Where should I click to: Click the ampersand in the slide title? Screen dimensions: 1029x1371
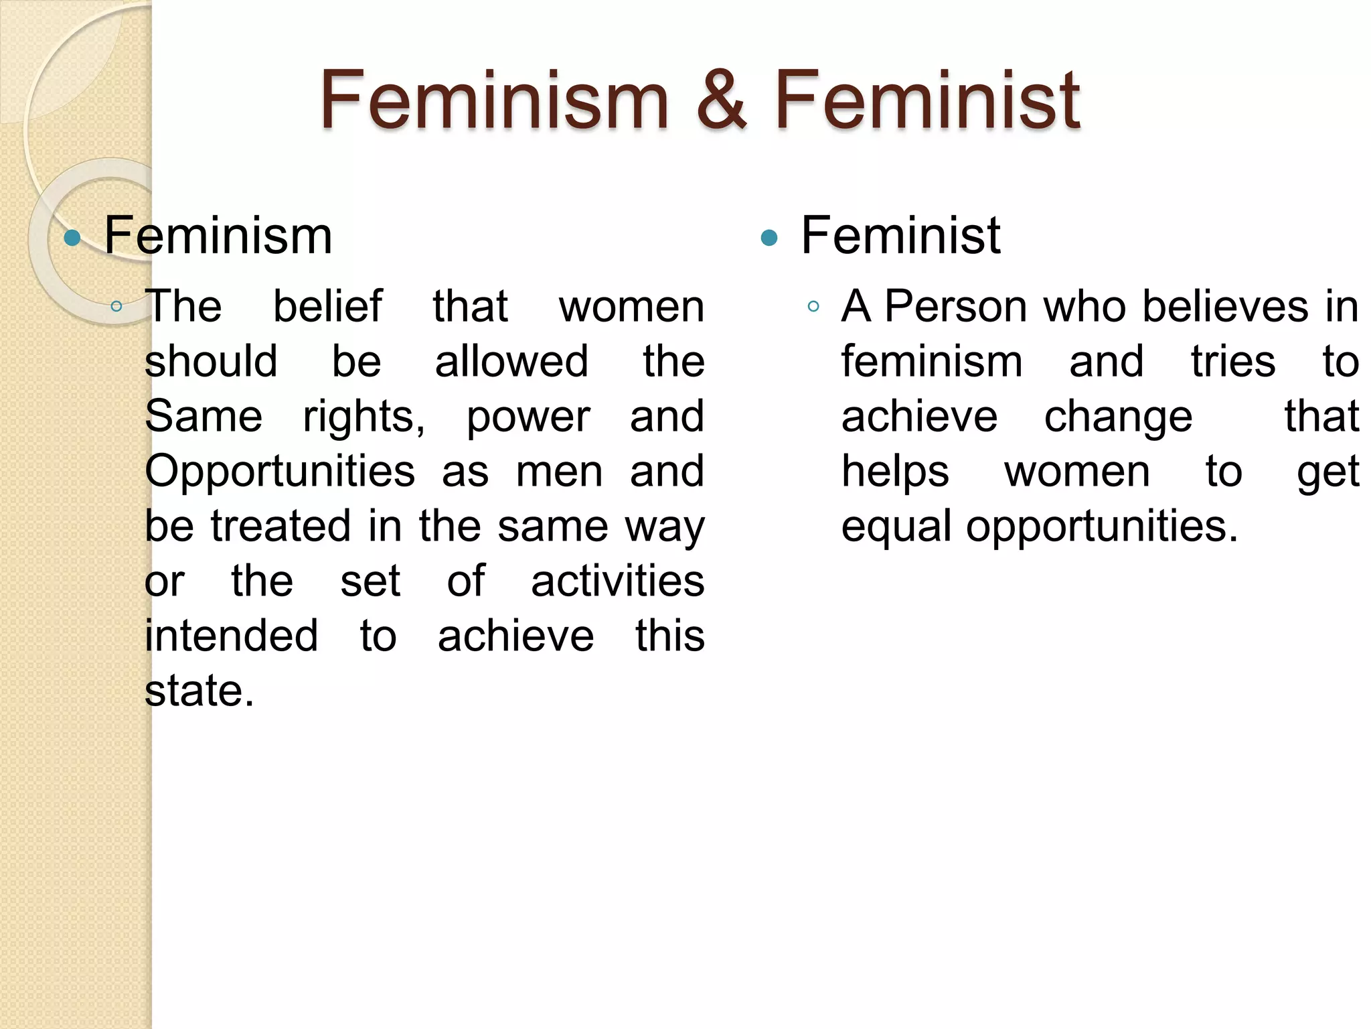pyautogui.click(x=721, y=100)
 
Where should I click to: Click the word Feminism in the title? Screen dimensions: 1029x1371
pyautogui.click(x=494, y=100)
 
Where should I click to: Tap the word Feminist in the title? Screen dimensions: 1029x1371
pyautogui.click(x=927, y=100)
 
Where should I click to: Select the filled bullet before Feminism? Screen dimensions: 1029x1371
pyautogui.click(x=72, y=238)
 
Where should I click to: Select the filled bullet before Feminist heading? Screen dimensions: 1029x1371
pyautogui.click(x=769, y=238)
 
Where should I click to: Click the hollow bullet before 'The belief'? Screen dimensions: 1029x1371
pyautogui.click(x=116, y=307)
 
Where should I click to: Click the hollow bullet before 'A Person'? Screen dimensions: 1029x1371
pyautogui.click(x=813, y=307)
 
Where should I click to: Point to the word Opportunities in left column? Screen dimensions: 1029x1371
pyautogui.click(x=280, y=472)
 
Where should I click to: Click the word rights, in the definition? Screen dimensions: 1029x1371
pyautogui.click(x=364, y=417)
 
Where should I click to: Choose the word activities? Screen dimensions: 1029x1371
pyautogui.click(x=617, y=581)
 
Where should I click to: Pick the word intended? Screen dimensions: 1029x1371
pyautogui.click(x=232, y=636)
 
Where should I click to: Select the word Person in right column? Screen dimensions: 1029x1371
pyautogui.click(x=955, y=307)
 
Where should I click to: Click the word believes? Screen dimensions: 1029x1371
pyautogui.click(x=1224, y=307)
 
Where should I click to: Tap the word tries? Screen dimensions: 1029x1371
pyautogui.click(x=1233, y=362)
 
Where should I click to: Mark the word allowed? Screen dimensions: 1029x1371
pyautogui.click(x=511, y=362)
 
